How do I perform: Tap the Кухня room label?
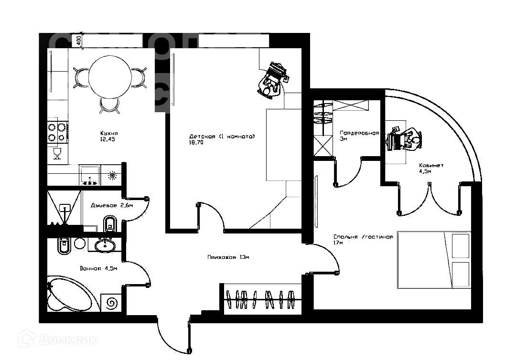tap(108, 133)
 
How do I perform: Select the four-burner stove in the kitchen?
tap(57, 132)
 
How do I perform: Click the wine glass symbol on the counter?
tap(57, 153)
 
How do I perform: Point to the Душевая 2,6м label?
tap(112, 205)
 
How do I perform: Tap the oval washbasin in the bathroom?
tap(105, 245)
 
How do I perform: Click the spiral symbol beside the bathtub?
tap(113, 303)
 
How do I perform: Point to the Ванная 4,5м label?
tap(99, 269)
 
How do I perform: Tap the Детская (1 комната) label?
tap(222, 137)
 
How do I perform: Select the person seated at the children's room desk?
tap(269, 87)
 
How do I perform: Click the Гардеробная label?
tap(359, 133)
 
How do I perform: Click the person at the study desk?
tap(412, 140)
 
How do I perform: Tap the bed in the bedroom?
tap(434, 260)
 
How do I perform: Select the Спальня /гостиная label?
tap(363, 237)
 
